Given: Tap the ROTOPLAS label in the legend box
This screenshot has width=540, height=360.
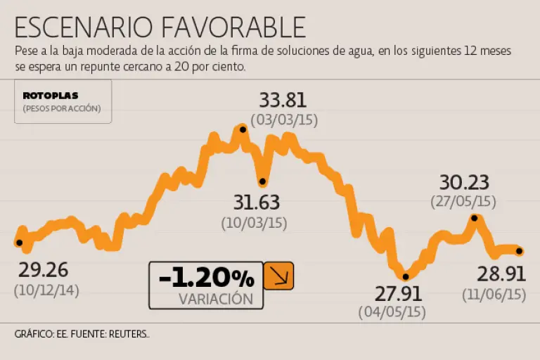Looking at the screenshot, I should click(51, 95).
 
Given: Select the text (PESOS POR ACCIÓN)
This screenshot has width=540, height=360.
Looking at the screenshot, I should click(62, 108).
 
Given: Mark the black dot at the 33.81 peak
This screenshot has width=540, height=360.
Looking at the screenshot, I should click(243, 129).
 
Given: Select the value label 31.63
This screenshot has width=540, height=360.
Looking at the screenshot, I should click(257, 203).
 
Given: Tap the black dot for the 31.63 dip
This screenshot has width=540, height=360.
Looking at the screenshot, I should click(263, 181).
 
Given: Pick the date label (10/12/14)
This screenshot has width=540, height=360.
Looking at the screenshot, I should click(46, 289).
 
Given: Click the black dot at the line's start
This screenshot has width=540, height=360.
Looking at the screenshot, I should click(19, 243).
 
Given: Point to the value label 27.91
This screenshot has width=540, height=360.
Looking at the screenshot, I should click(392, 292).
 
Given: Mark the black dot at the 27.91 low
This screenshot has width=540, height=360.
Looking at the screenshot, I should click(406, 276).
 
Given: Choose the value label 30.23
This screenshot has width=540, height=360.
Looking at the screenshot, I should click(463, 183).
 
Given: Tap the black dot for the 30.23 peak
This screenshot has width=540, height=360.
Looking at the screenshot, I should click(475, 218).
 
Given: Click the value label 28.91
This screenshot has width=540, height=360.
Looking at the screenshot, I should click(501, 274).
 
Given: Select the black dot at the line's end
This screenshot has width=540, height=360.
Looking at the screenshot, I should click(520, 251).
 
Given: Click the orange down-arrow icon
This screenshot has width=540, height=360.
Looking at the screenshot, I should click(278, 276).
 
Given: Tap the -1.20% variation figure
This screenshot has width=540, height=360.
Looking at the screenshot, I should click(206, 278).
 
